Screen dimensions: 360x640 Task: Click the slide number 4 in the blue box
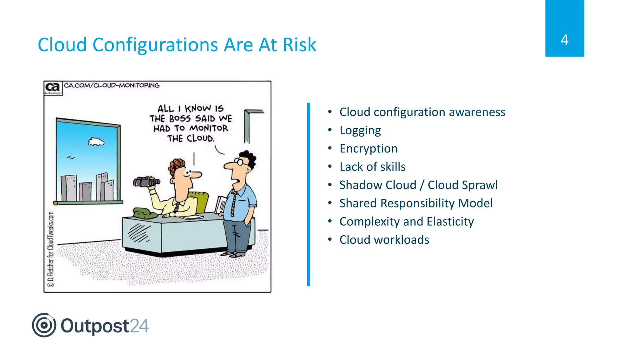click(564, 40)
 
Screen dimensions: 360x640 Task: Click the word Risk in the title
click(299, 45)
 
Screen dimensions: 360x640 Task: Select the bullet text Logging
click(360, 130)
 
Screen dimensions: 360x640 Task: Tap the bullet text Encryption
click(368, 148)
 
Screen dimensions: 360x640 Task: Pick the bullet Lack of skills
click(372, 167)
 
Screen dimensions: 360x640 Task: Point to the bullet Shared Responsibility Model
click(416, 203)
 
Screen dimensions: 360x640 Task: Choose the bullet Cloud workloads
click(384, 240)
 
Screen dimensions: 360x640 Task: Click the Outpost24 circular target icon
click(44, 325)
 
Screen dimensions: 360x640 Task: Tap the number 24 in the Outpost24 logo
click(139, 326)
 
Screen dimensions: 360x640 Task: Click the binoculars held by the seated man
click(146, 182)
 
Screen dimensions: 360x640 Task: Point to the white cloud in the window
click(96, 142)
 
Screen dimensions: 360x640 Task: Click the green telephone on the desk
click(144, 213)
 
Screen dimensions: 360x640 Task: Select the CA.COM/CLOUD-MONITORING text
click(112, 85)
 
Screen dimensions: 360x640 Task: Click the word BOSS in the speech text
click(180, 119)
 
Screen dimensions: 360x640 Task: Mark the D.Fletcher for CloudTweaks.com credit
click(51, 249)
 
